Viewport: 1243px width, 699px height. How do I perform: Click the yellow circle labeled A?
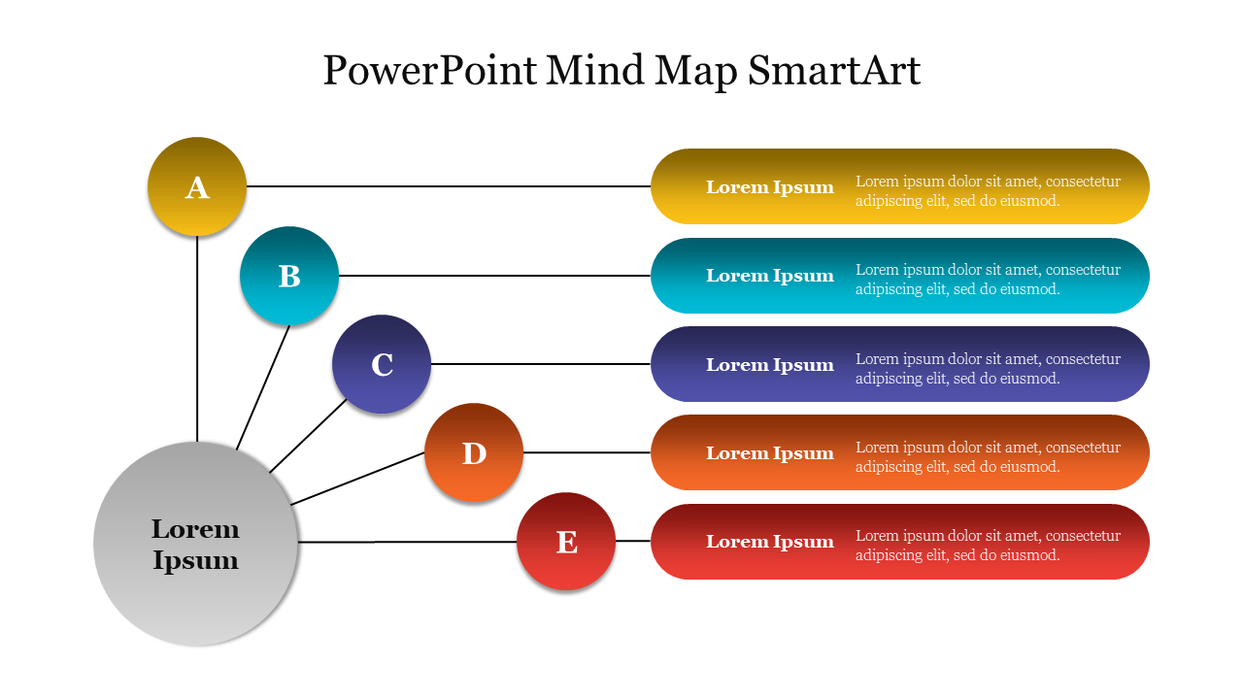coord(197,186)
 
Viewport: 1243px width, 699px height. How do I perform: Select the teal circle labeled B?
coord(289,276)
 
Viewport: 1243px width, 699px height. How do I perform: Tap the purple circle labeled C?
coord(382,364)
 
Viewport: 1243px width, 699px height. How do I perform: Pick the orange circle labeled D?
coord(474,452)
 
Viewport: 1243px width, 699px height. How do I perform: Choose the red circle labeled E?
coord(566,542)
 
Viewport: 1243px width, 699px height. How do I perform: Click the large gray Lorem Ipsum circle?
coord(196,544)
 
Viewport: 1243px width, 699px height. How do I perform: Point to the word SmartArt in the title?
coord(834,71)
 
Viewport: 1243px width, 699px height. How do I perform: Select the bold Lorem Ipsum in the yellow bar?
coord(770,187)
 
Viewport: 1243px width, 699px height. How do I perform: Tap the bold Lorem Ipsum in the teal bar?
coord(770,276)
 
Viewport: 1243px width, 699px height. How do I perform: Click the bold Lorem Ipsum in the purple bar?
coord(770,365)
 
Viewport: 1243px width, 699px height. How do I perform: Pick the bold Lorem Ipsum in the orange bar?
coord(770,453)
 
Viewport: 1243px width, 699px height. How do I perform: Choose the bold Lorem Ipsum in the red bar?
coord(770,542)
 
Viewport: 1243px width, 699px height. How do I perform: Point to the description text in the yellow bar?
coord(988,191)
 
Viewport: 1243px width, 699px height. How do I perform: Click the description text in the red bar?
coord(988,546)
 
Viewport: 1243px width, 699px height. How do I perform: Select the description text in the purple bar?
coord(988,369)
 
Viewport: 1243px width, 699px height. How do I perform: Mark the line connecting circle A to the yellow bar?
coord(447,186)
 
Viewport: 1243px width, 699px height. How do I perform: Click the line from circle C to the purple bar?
coord(540,364)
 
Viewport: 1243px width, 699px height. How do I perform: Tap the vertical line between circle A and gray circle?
coord(197,340)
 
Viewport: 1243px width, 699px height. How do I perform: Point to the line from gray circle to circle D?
coord(357,478)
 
